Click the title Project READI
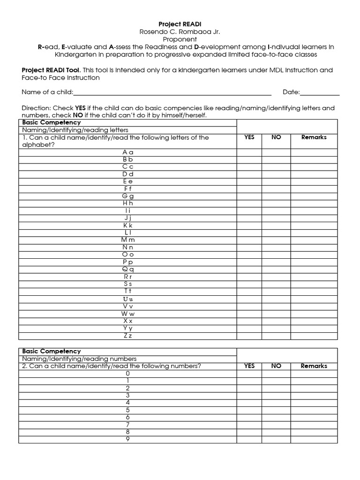[x=180, y=24]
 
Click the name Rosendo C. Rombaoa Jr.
[x=180, y=31]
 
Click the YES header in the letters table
[x=249, y=137]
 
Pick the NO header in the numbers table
[x=276, y=366]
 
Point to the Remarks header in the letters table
[x=314, y=137]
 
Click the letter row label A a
[x=128, y=152]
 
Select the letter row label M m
[x=128, y=240]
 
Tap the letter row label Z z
[x=128, y=336]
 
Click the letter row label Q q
[x=128, y=269]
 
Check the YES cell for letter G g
[x=249, y=196]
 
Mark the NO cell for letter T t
[x=276, y=291]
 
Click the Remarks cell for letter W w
[x=314, y=313]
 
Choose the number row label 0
[x=127, y=373]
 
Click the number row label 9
[x=127, y=439]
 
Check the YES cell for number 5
[x=249, y=410]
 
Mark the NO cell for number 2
[x=276, y=388]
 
